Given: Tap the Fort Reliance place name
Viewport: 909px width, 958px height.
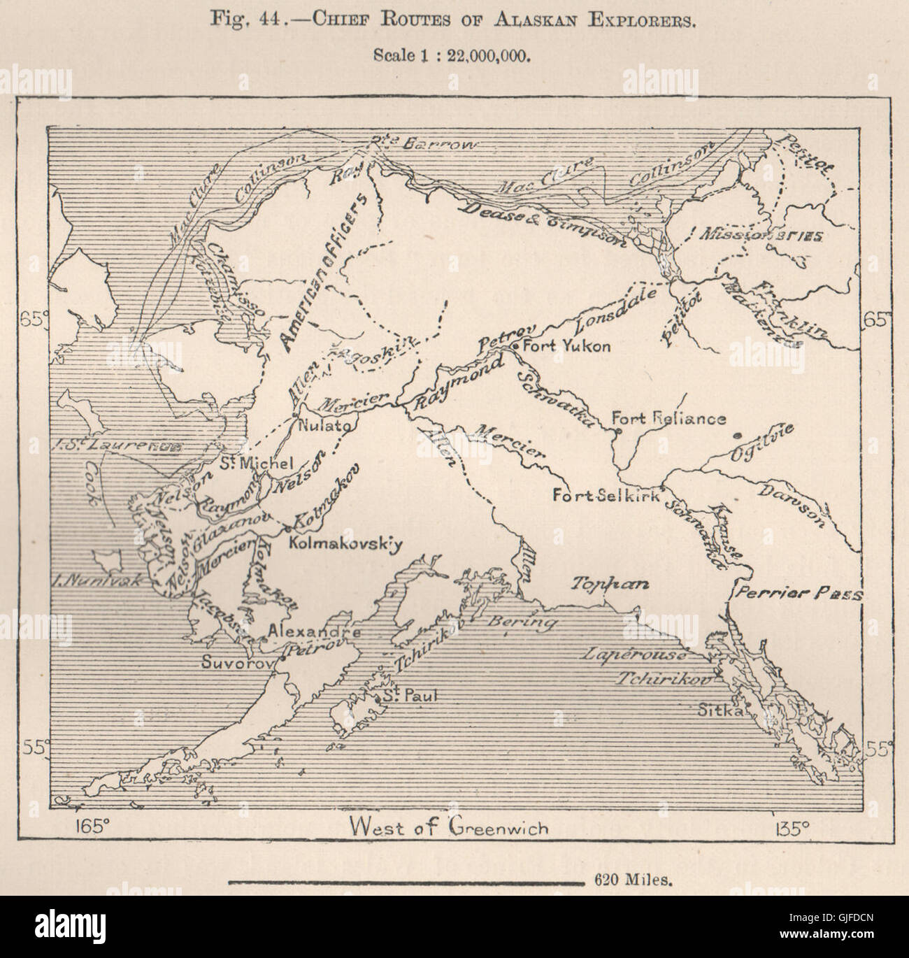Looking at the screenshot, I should (668, 418).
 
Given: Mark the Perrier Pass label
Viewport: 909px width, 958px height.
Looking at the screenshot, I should (797, 594).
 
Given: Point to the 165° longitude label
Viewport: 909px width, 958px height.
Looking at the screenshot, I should (92, 827).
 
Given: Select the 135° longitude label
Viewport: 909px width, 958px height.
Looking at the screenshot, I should (792, 828).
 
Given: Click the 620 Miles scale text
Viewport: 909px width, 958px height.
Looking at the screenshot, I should (634, 880).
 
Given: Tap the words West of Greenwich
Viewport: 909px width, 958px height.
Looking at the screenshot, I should (451, 827).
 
